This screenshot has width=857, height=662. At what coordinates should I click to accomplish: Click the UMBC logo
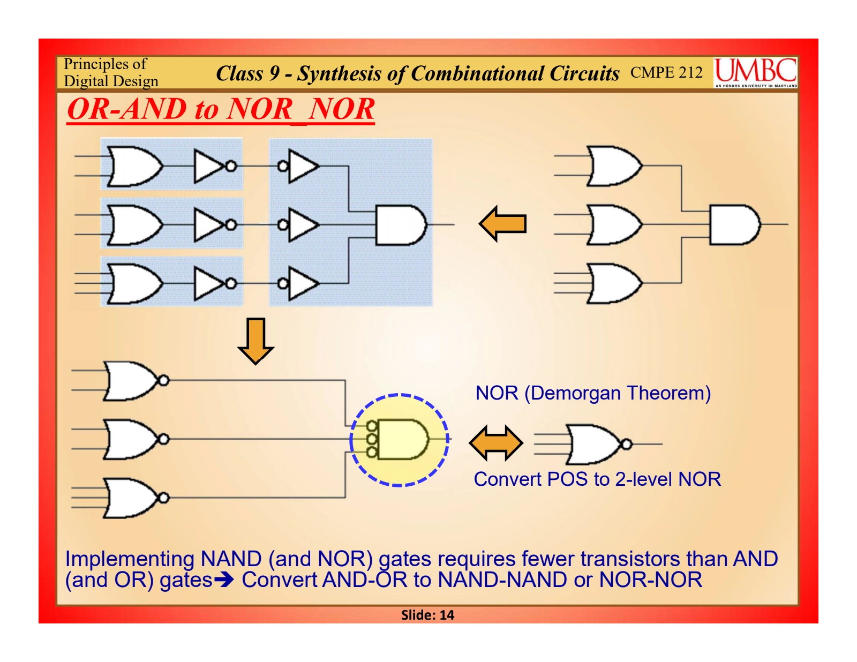click(x=755, y=72)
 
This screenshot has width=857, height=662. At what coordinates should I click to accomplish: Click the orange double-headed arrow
click(x=495, y=443)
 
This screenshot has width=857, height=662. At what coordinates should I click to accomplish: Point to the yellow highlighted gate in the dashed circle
click(x=401, y=439)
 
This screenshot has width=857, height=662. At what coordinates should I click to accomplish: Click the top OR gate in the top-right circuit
click(x=614, y=166)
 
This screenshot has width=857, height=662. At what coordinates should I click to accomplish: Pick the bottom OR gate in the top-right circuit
click(x=614, y=283)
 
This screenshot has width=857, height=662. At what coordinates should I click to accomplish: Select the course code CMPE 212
click(x=666, y=72)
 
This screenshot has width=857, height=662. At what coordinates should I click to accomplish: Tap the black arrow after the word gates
click(x=224, y=580)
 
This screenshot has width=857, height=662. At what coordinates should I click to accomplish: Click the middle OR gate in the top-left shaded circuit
click(x=134, y=224)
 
